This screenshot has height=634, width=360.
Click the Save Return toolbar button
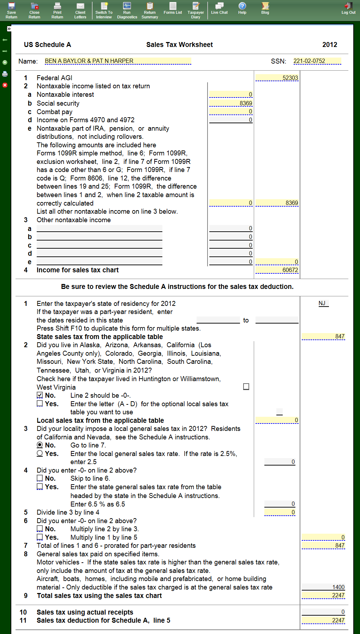11,10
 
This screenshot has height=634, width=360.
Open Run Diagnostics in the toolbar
127,10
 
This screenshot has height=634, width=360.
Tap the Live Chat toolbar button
219,8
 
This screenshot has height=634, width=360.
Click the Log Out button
348,8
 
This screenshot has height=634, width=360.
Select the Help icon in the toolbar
242,8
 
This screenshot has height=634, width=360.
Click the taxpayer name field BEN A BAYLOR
118,61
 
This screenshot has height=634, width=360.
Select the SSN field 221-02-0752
317,61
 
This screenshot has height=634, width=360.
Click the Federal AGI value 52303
277,78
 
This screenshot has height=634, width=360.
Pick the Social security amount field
231,103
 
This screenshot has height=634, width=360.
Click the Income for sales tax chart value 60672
277,270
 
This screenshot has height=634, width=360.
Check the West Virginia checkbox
246,387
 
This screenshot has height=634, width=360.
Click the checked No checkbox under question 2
40,395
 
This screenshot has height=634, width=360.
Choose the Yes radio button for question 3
40,454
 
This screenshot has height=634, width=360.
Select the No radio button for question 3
40,445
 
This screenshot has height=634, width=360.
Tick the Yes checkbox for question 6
40,537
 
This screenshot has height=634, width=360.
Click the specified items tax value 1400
323,587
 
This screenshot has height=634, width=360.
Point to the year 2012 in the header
330,45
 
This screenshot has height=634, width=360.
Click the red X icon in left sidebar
5,85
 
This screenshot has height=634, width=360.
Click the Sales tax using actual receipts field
323,612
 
